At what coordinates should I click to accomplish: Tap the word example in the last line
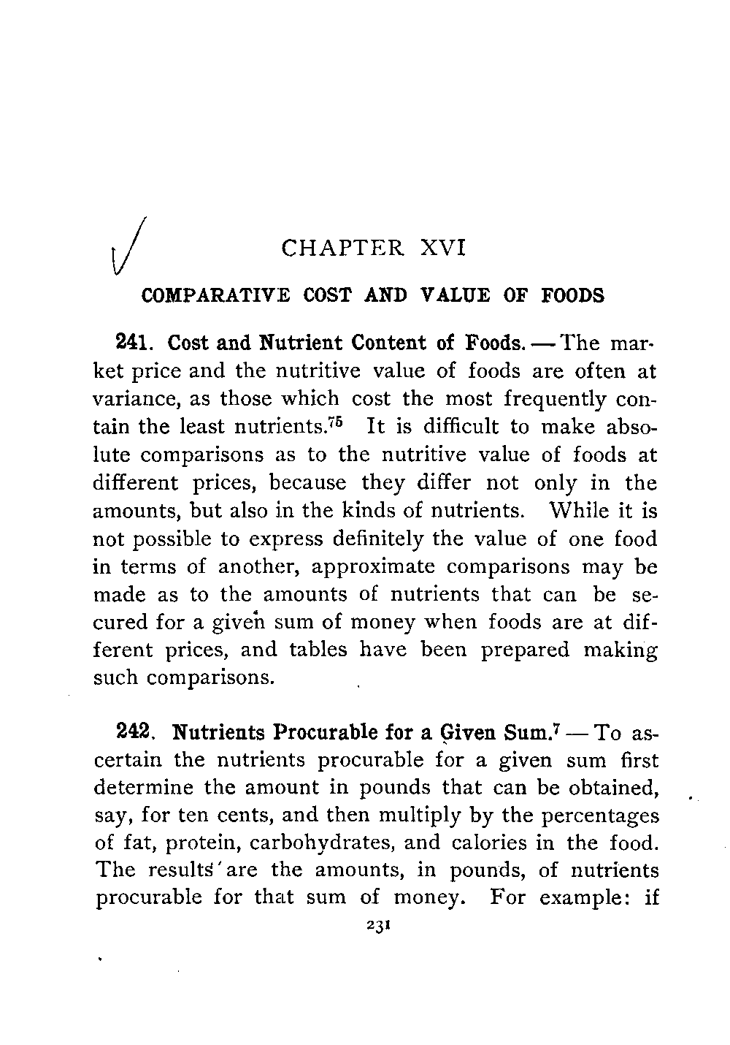pos(580,897)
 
